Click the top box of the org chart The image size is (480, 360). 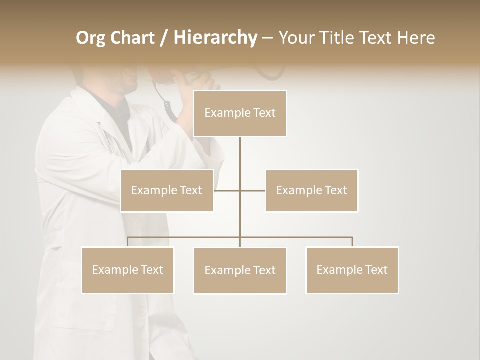(x=240, y=113)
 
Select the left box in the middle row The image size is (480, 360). (x=167, y=190)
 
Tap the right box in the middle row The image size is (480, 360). (x=312, y=190)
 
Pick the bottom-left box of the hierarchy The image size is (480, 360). (x=128, y=270)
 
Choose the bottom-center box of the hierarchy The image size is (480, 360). (x=240, y=270)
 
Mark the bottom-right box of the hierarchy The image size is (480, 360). (x=352, y=270)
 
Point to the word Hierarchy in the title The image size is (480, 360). (x=215, y=38)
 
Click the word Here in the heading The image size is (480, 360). (x=416, y=38)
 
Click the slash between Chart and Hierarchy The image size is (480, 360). (x=164, y=38)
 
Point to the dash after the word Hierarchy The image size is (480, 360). (x=267, y=38)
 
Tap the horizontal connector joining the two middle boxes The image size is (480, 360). (x=252, y=190)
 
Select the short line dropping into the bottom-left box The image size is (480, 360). (x=128, y=242)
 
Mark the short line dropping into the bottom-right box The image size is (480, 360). (x=352, y=242)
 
